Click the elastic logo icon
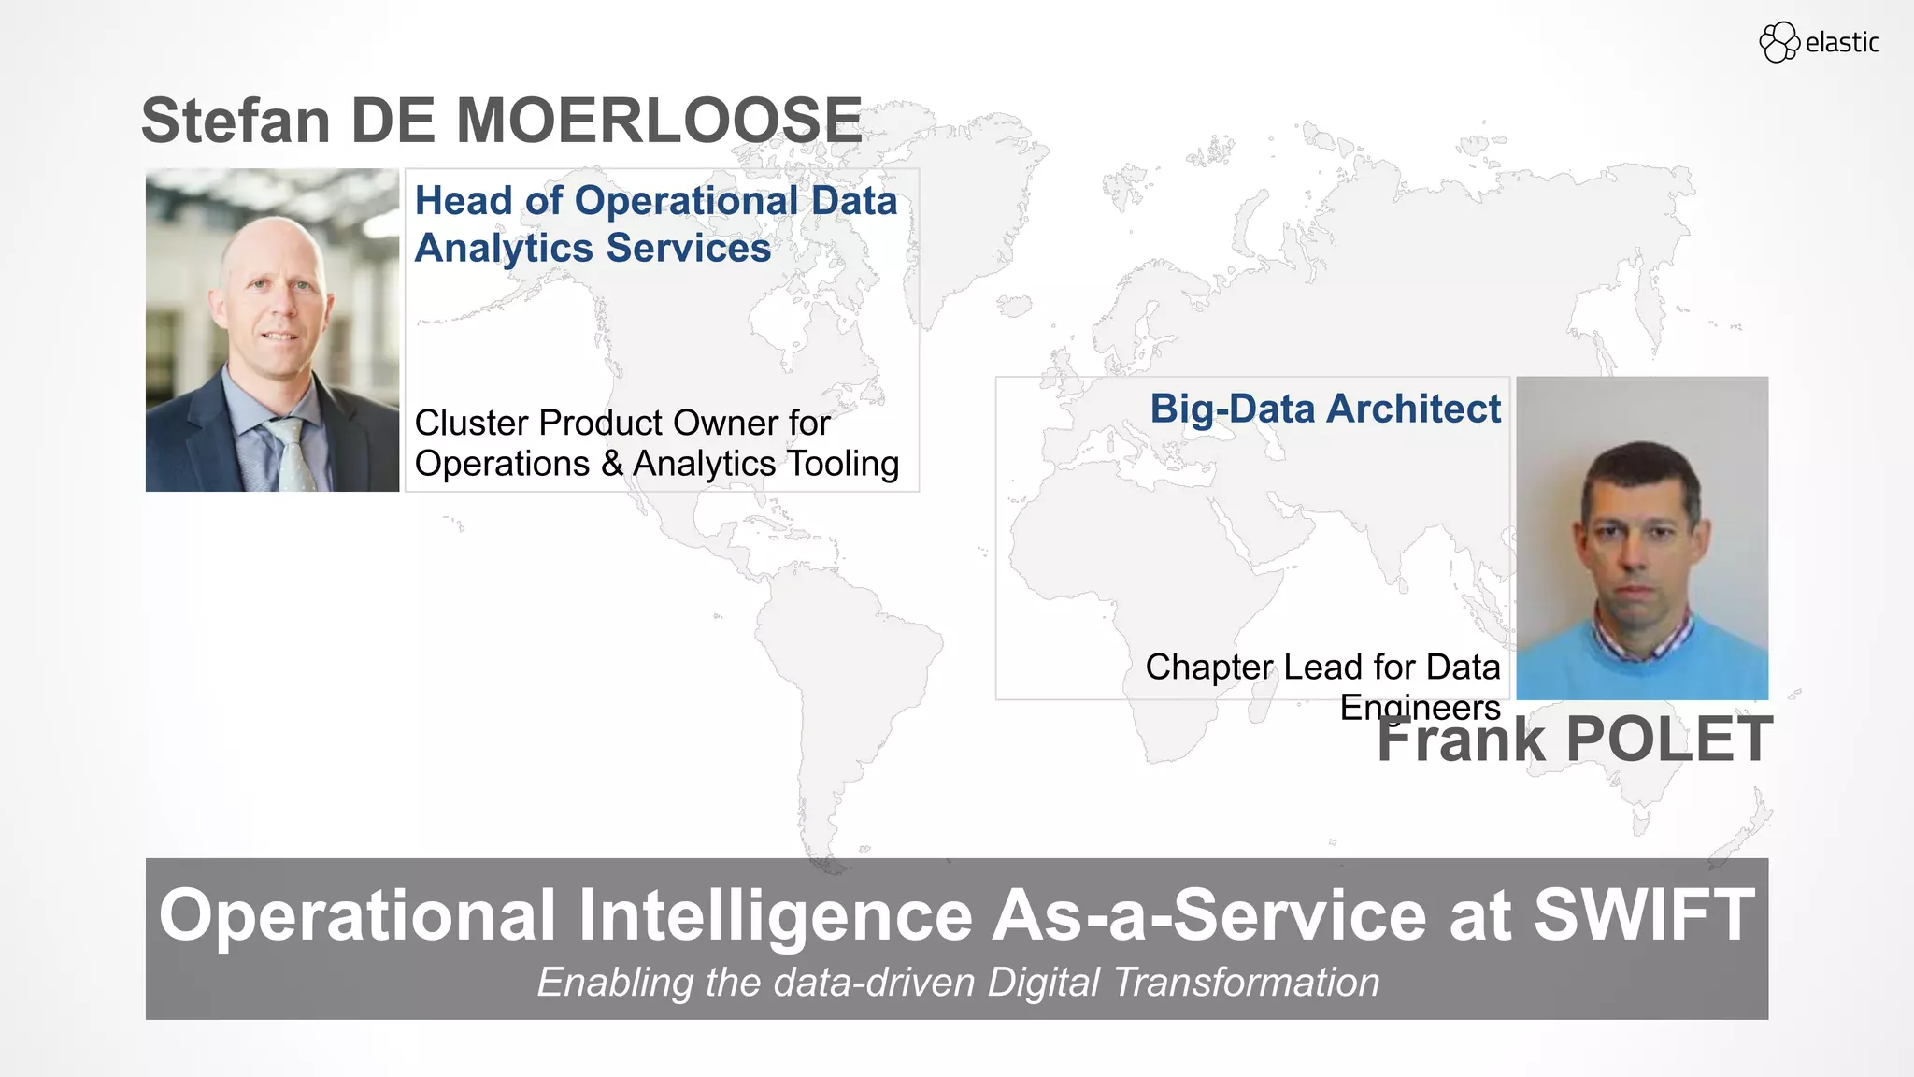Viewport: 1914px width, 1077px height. click(1778, 42)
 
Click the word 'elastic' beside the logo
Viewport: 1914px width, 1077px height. click(1842, 43)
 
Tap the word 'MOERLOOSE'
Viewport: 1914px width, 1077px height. click(658, 121)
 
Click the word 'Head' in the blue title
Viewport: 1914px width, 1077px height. click(464, 201)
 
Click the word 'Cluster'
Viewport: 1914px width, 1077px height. click(472, 423)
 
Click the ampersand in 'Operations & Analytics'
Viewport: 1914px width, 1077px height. click(612, 464)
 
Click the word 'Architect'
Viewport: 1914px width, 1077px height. click(1414, 409)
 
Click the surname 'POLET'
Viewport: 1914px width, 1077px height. click(1668, 740)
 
